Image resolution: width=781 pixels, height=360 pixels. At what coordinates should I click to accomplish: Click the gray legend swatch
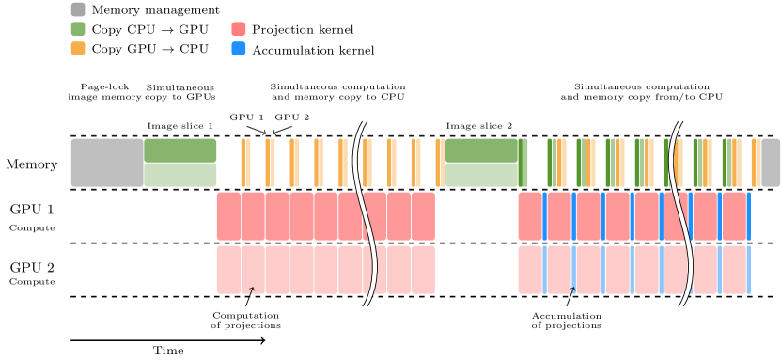point(78,9)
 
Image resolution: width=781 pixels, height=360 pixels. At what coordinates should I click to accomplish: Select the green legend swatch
point(78,29)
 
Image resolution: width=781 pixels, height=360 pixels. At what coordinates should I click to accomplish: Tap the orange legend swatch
point(78,49)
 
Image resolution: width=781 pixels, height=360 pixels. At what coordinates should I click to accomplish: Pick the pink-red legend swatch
point(239,29)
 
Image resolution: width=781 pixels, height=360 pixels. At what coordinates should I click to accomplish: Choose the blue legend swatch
point(239,49)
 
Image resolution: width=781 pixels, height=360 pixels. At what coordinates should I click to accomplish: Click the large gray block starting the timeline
point(107,163)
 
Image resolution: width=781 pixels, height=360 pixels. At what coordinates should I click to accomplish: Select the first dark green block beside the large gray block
point(180,150)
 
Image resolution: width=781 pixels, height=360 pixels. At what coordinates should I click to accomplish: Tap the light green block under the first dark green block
point(180,175)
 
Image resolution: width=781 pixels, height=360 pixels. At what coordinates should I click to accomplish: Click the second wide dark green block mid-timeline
point(481,150)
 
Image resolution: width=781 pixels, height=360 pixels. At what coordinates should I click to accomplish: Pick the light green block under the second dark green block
point(481,175)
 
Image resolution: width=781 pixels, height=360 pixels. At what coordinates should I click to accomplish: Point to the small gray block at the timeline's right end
point(771,163)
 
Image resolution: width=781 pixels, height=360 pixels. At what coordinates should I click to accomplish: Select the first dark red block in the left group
point(228,216)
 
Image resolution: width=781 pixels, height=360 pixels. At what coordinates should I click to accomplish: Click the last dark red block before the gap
point(423,216)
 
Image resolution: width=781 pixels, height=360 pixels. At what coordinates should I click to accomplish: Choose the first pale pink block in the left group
point(228,270)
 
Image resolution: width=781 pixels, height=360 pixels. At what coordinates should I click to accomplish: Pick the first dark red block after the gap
point(529,216)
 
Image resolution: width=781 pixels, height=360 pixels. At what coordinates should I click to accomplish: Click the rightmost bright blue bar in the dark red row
point(749,216)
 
